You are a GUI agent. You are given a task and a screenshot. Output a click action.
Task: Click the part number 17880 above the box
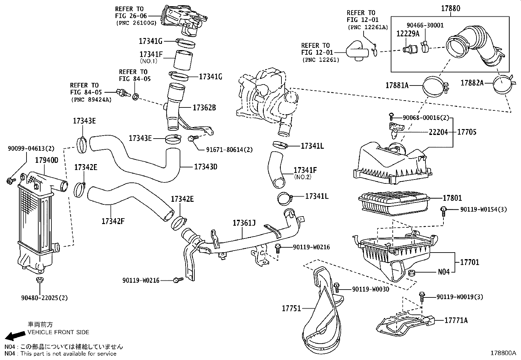(450, 8)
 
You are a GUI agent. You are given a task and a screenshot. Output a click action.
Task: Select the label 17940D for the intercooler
(46, 160)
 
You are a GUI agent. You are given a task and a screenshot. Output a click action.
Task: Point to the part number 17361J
(244, 223)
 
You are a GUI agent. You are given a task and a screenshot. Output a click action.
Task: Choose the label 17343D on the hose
(206, 167)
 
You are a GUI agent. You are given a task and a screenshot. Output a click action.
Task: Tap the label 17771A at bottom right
(456, 320)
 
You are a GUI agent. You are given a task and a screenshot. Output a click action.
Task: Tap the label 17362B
(204, 107)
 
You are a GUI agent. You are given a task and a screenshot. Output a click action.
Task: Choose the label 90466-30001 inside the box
(425, 25)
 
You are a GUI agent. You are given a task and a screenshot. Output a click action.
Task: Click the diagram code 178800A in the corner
(503, 353)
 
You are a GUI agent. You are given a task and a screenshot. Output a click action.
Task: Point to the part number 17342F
(113, 221)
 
